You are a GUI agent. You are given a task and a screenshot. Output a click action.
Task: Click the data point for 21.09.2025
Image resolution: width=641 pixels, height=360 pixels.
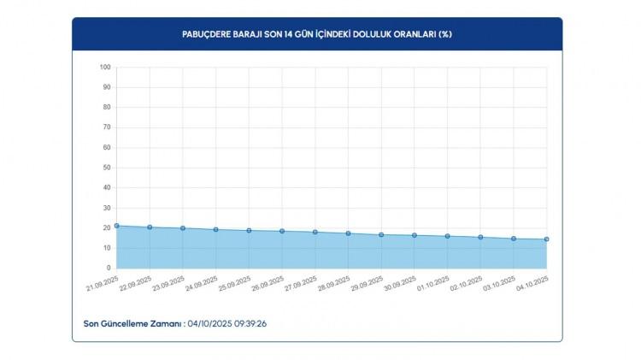point(116,226)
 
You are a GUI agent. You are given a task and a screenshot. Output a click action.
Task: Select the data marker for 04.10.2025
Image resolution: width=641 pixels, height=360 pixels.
point(547,239)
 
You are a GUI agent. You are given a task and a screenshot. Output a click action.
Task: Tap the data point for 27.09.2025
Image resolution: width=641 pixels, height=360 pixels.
point(315,232)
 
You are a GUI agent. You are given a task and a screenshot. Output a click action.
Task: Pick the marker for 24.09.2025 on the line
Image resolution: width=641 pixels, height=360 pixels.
point(215,229)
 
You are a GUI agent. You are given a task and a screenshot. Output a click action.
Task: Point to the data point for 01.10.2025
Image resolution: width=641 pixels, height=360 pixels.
point(447,236)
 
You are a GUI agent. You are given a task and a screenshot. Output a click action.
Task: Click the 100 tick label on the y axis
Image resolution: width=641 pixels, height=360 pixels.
point(105,68)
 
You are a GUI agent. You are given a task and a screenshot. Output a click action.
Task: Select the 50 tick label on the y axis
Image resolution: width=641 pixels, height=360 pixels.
point(107,168)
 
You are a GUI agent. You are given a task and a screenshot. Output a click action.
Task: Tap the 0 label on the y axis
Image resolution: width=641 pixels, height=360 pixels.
point(109,268)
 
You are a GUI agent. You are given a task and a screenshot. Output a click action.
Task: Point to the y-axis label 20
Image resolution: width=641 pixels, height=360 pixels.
point(107,228)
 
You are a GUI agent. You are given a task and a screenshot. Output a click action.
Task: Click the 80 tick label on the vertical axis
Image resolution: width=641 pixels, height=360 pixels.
point(107,108)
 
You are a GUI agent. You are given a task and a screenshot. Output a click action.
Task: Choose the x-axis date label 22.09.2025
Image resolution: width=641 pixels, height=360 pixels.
point(135,283)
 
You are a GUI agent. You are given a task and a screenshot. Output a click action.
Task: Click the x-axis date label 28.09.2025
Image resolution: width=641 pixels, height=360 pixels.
point(334,283)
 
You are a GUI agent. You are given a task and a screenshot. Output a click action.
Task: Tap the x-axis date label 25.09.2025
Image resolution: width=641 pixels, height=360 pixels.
point(235,283)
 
